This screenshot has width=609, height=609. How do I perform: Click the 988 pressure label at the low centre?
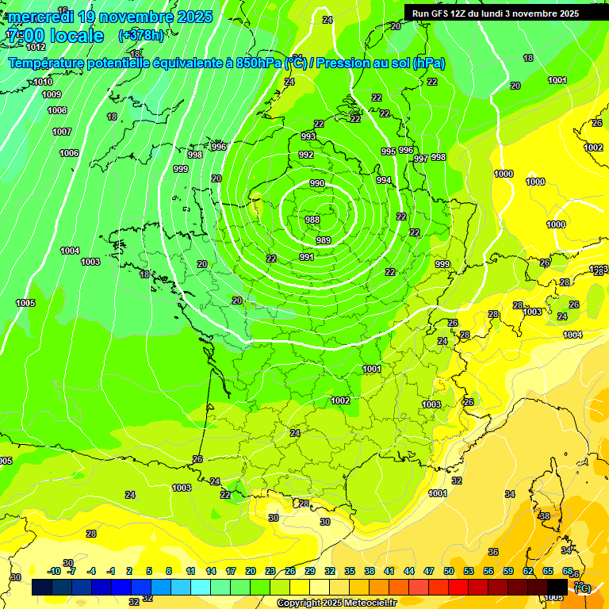(312, 220)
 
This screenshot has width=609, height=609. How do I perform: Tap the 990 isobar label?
(317, 183)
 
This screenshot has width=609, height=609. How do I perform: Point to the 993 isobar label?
(308, 136)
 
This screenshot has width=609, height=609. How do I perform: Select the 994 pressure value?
(384, 181)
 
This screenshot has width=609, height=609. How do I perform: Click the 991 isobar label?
(307, 257)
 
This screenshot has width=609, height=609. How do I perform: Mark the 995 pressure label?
(388, 151)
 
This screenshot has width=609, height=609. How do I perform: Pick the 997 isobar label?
(421, 159)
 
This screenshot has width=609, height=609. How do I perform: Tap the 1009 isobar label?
(52, 94)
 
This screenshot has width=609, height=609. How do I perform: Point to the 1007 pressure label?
(62, 132)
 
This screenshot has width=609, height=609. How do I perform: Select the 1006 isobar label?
(69, 153)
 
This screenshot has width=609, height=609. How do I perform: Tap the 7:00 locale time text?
(55, 36)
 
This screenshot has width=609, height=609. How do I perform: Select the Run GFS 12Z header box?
(495, 13)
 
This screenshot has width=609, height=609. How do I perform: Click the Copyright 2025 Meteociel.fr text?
(336, 603)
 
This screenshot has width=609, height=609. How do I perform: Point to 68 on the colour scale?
(568, 571)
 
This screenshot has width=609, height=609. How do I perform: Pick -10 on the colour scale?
(55, 571)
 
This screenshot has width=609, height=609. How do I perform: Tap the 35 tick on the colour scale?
(350, 571)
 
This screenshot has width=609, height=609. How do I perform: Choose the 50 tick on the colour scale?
(449, 571)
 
